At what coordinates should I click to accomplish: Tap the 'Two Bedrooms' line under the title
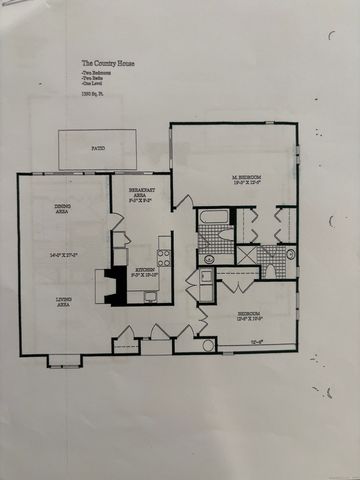pyautogui.click(x=96, y=73)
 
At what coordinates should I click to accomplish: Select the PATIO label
pyautogui.click(x=97, y=149)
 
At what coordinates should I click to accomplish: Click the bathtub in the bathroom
pyautogui.click(x=212, y=217)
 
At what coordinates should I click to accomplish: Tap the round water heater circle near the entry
pyautogui.click(x=208, y=345)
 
